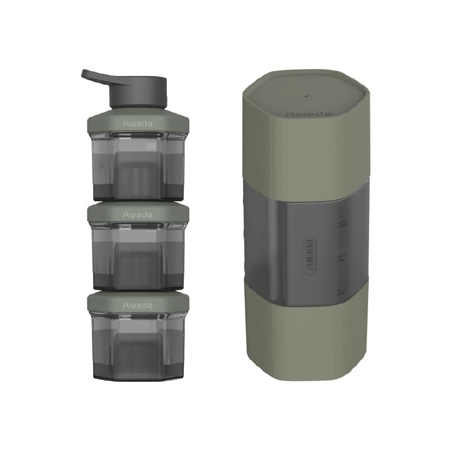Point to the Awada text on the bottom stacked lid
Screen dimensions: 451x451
(x=138, y=305)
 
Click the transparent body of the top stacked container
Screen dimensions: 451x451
(x=138, y=166)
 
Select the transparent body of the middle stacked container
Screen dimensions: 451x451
(x=138, y=257)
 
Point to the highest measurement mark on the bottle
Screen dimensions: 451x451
(x=342, y=224)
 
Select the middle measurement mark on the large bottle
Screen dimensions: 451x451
(x=342, y=258)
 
